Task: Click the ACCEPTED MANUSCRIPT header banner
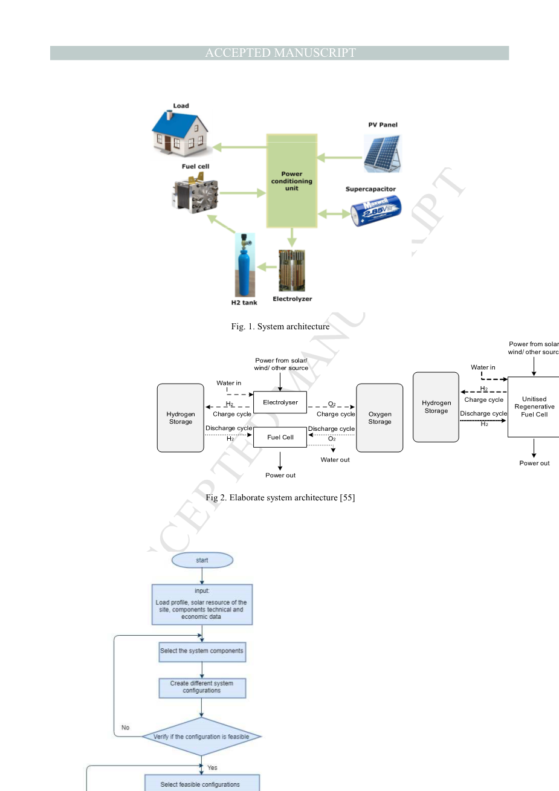click(x=279, y=53)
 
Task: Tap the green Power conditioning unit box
click(x=292, y=181)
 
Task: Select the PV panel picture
click(x=383, y=153)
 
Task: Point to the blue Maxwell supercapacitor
click(x=375, y=211)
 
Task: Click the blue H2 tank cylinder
click(x=245, y=266)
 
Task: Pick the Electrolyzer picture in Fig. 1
click(x=292, y=271)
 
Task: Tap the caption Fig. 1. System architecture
click(x=280, y=327)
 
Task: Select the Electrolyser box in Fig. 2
click(x=280, y=402)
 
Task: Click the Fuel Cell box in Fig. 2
click(x=280, y=437)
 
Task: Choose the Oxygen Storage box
click(x=380, y=418)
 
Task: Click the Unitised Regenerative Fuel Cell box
click(x=534, y=407)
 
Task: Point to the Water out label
click(x=335, y=460)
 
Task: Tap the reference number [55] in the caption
click(x=347, y=498)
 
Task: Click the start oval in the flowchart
click(x=202, y=560)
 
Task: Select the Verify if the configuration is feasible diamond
click(x=201, y=737)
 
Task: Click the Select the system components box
click(x=202, y=651)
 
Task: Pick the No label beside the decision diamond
click(x=125, y=728)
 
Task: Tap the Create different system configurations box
click(x=202, y=688)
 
